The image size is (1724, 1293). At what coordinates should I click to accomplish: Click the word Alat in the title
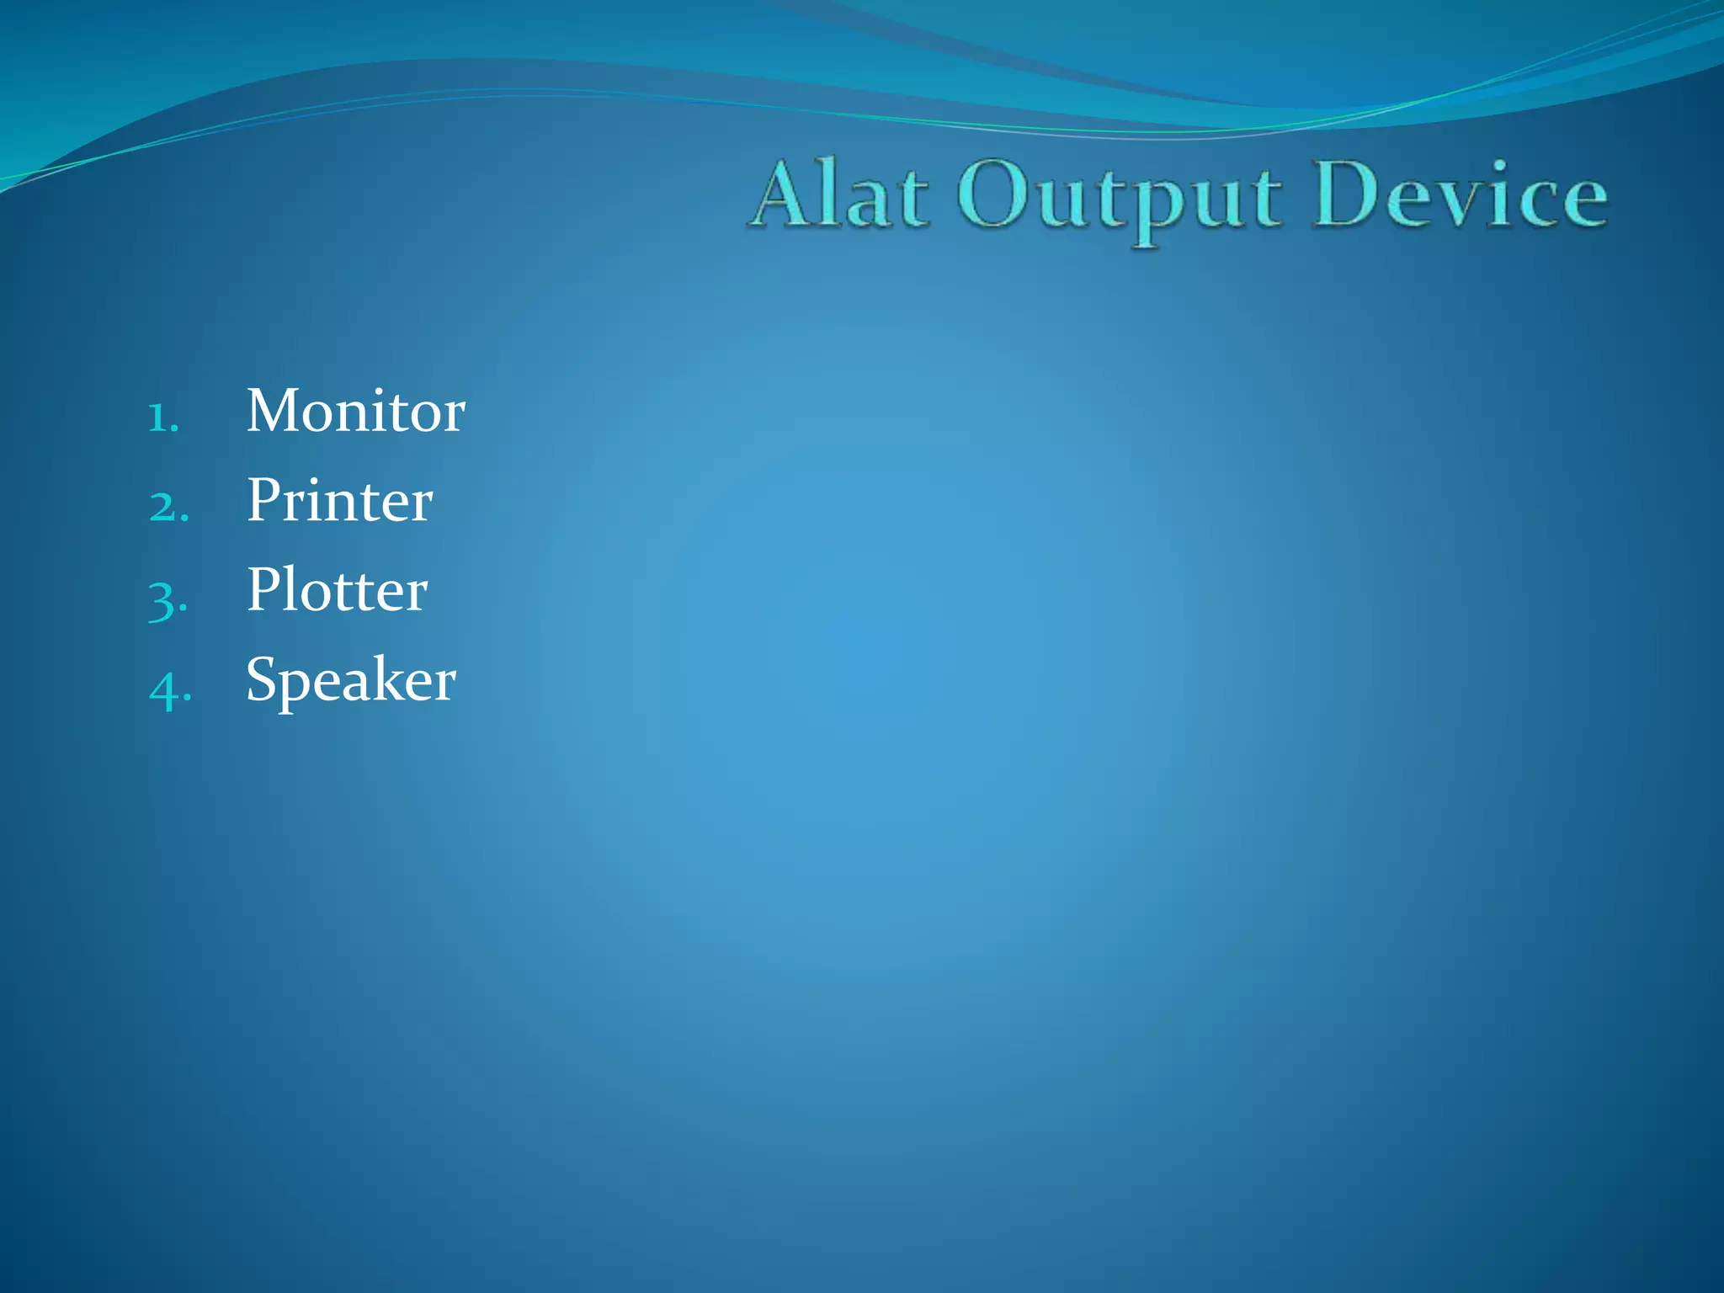tap(840, 195)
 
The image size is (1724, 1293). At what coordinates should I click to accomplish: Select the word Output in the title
tap(1120, 199)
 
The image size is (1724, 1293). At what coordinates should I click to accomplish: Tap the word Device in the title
tap(1460, 195)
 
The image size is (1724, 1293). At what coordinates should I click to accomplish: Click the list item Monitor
tap(355, 412)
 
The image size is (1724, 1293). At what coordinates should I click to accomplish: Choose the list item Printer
tap(339, 501)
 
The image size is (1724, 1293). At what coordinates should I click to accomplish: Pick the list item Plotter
tap(337, 590)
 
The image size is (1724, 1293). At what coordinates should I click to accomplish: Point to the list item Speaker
tap(350, 680)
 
